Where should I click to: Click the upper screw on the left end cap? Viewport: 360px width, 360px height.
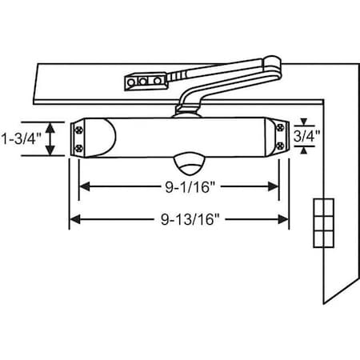click(x=79, y=126)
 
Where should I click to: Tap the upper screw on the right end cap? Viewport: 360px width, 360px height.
click(x=278, y=126)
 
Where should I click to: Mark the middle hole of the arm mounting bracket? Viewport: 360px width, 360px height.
click(x=142, y=81)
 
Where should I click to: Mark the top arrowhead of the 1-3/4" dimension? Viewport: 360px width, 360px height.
click(x=52, y=126)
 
